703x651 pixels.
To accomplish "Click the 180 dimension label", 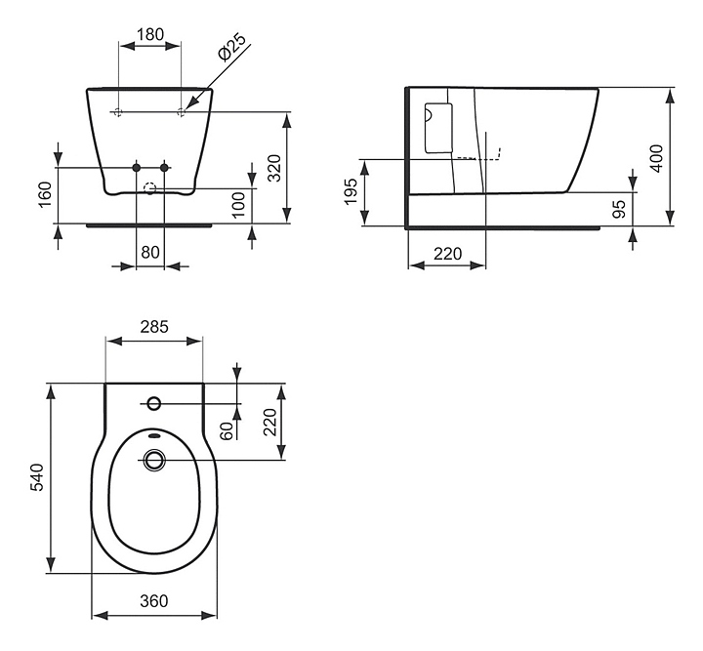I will (149, 34).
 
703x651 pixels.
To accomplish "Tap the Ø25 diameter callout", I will (230, 50).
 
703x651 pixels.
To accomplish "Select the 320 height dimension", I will (274, 168).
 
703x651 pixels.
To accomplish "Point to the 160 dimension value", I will (44, 194).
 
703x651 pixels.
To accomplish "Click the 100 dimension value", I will (238, 205).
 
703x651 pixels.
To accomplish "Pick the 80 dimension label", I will (149, 251).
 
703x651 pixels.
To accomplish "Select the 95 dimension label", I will (619, 210).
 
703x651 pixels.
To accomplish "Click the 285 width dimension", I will (153, 327).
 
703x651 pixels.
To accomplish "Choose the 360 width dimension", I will (153, 601).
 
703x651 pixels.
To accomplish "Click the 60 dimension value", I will (226, 429).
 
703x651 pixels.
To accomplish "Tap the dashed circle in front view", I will (150, 188).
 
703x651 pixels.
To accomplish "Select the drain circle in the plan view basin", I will (153, 459).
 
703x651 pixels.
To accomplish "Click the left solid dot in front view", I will (137, 168).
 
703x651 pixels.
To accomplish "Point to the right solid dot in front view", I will (164, 168).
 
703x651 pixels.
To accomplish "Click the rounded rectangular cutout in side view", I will (437, 127).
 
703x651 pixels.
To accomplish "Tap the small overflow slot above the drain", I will (153, 435).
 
